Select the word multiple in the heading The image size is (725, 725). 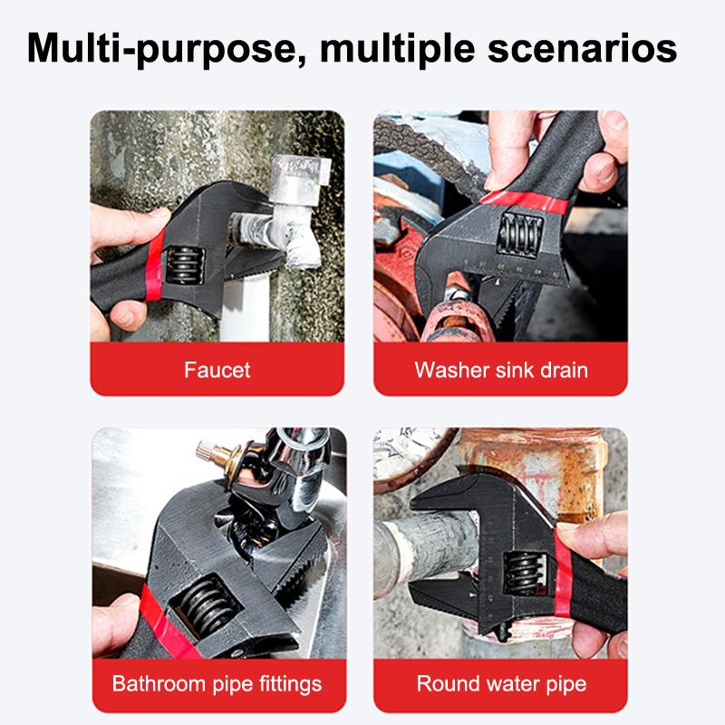(388, 47)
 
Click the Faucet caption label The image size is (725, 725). (217, 370)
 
